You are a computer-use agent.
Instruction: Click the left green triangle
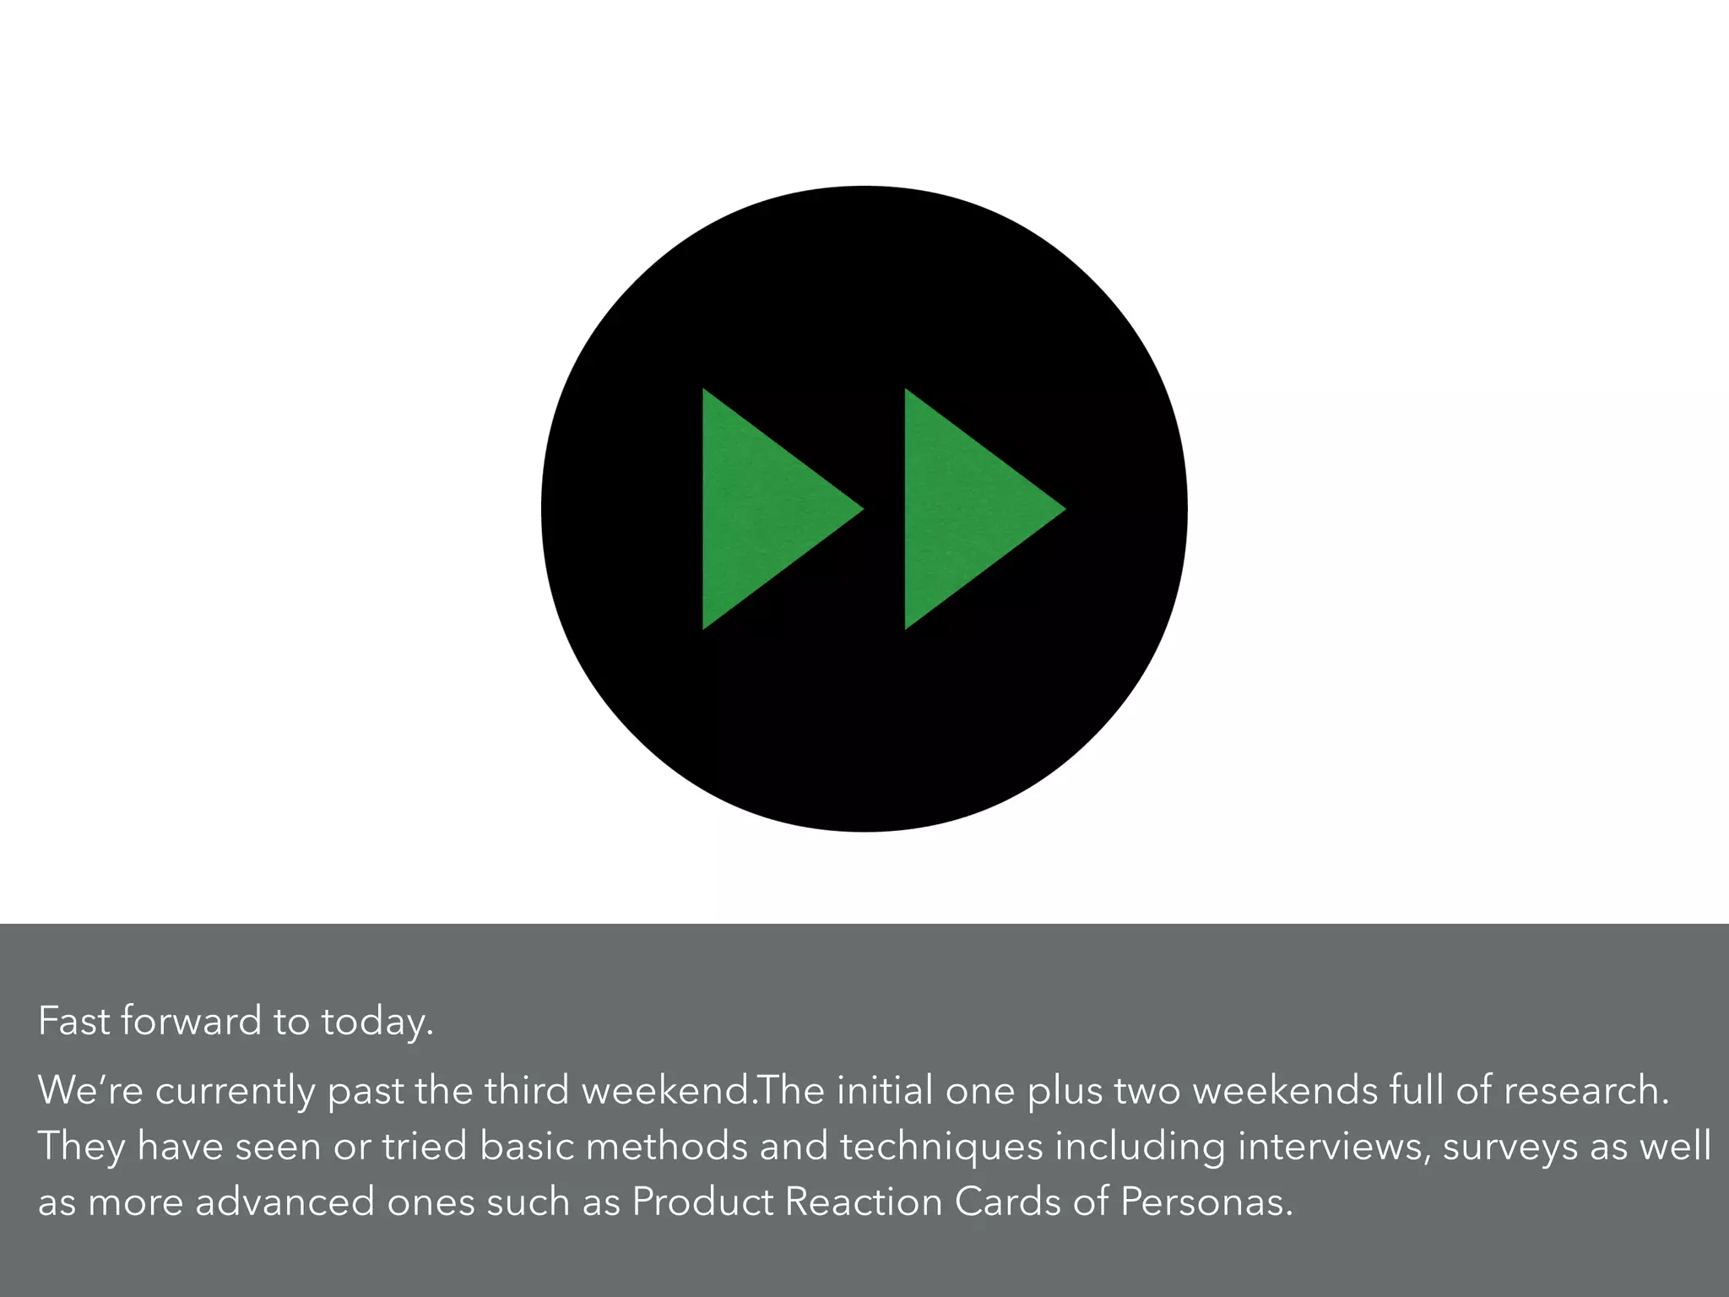[x=760, y=509]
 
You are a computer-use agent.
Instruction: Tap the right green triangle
[x=962, y=509]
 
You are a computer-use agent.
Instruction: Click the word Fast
[x=74, y=1021]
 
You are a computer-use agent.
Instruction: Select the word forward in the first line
[x=192, y=1021]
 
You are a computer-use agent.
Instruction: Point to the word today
[x=377, y=1023]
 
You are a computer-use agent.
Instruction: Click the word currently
[x=236, y=1091]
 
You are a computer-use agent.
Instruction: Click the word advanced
[x=285, y=1202]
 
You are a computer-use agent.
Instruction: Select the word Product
[x=702, y=1202]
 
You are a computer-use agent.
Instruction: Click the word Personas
[x=1206, y=1202]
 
